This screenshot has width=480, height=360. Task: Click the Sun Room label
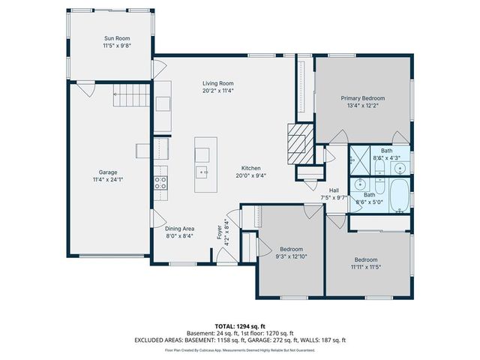(116, 37)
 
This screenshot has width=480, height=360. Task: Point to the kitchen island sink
(202, 172)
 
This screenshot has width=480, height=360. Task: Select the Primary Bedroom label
(363, 98)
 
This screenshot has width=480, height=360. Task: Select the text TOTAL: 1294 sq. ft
(240, 326)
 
